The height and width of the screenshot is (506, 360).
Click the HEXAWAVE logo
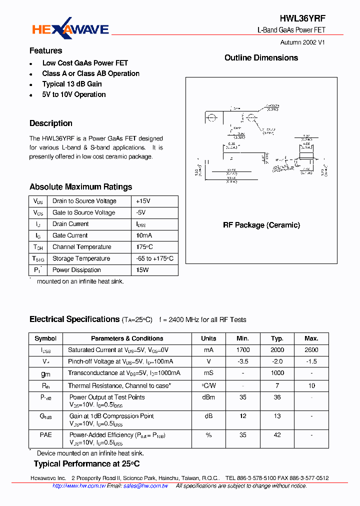pos(70,29)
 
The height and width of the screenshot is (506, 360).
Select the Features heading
pos(45,50)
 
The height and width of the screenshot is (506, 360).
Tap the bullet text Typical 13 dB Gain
pos(72,84)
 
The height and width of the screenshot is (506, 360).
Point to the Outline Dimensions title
pos(261,58)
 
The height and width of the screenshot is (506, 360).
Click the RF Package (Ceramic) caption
pos(261,225)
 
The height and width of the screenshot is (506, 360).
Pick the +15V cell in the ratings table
pos(143,201)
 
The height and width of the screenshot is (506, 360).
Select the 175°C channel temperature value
pos(144,247)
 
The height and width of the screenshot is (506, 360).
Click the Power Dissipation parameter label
pos(76,270)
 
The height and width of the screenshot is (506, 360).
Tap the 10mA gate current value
pos(144,235)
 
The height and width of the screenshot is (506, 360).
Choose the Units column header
pos(208,338)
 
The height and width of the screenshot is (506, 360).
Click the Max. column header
pos(311,338)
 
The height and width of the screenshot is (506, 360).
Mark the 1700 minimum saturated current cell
pos(243,350)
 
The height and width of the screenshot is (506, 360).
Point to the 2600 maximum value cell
pos(311,350)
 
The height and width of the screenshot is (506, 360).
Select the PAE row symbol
pos(45,435)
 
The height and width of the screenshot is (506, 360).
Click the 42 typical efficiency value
pos(277,435)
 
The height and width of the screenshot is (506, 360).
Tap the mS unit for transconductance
pos(208,373)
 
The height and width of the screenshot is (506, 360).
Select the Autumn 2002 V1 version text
pos(302,42)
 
